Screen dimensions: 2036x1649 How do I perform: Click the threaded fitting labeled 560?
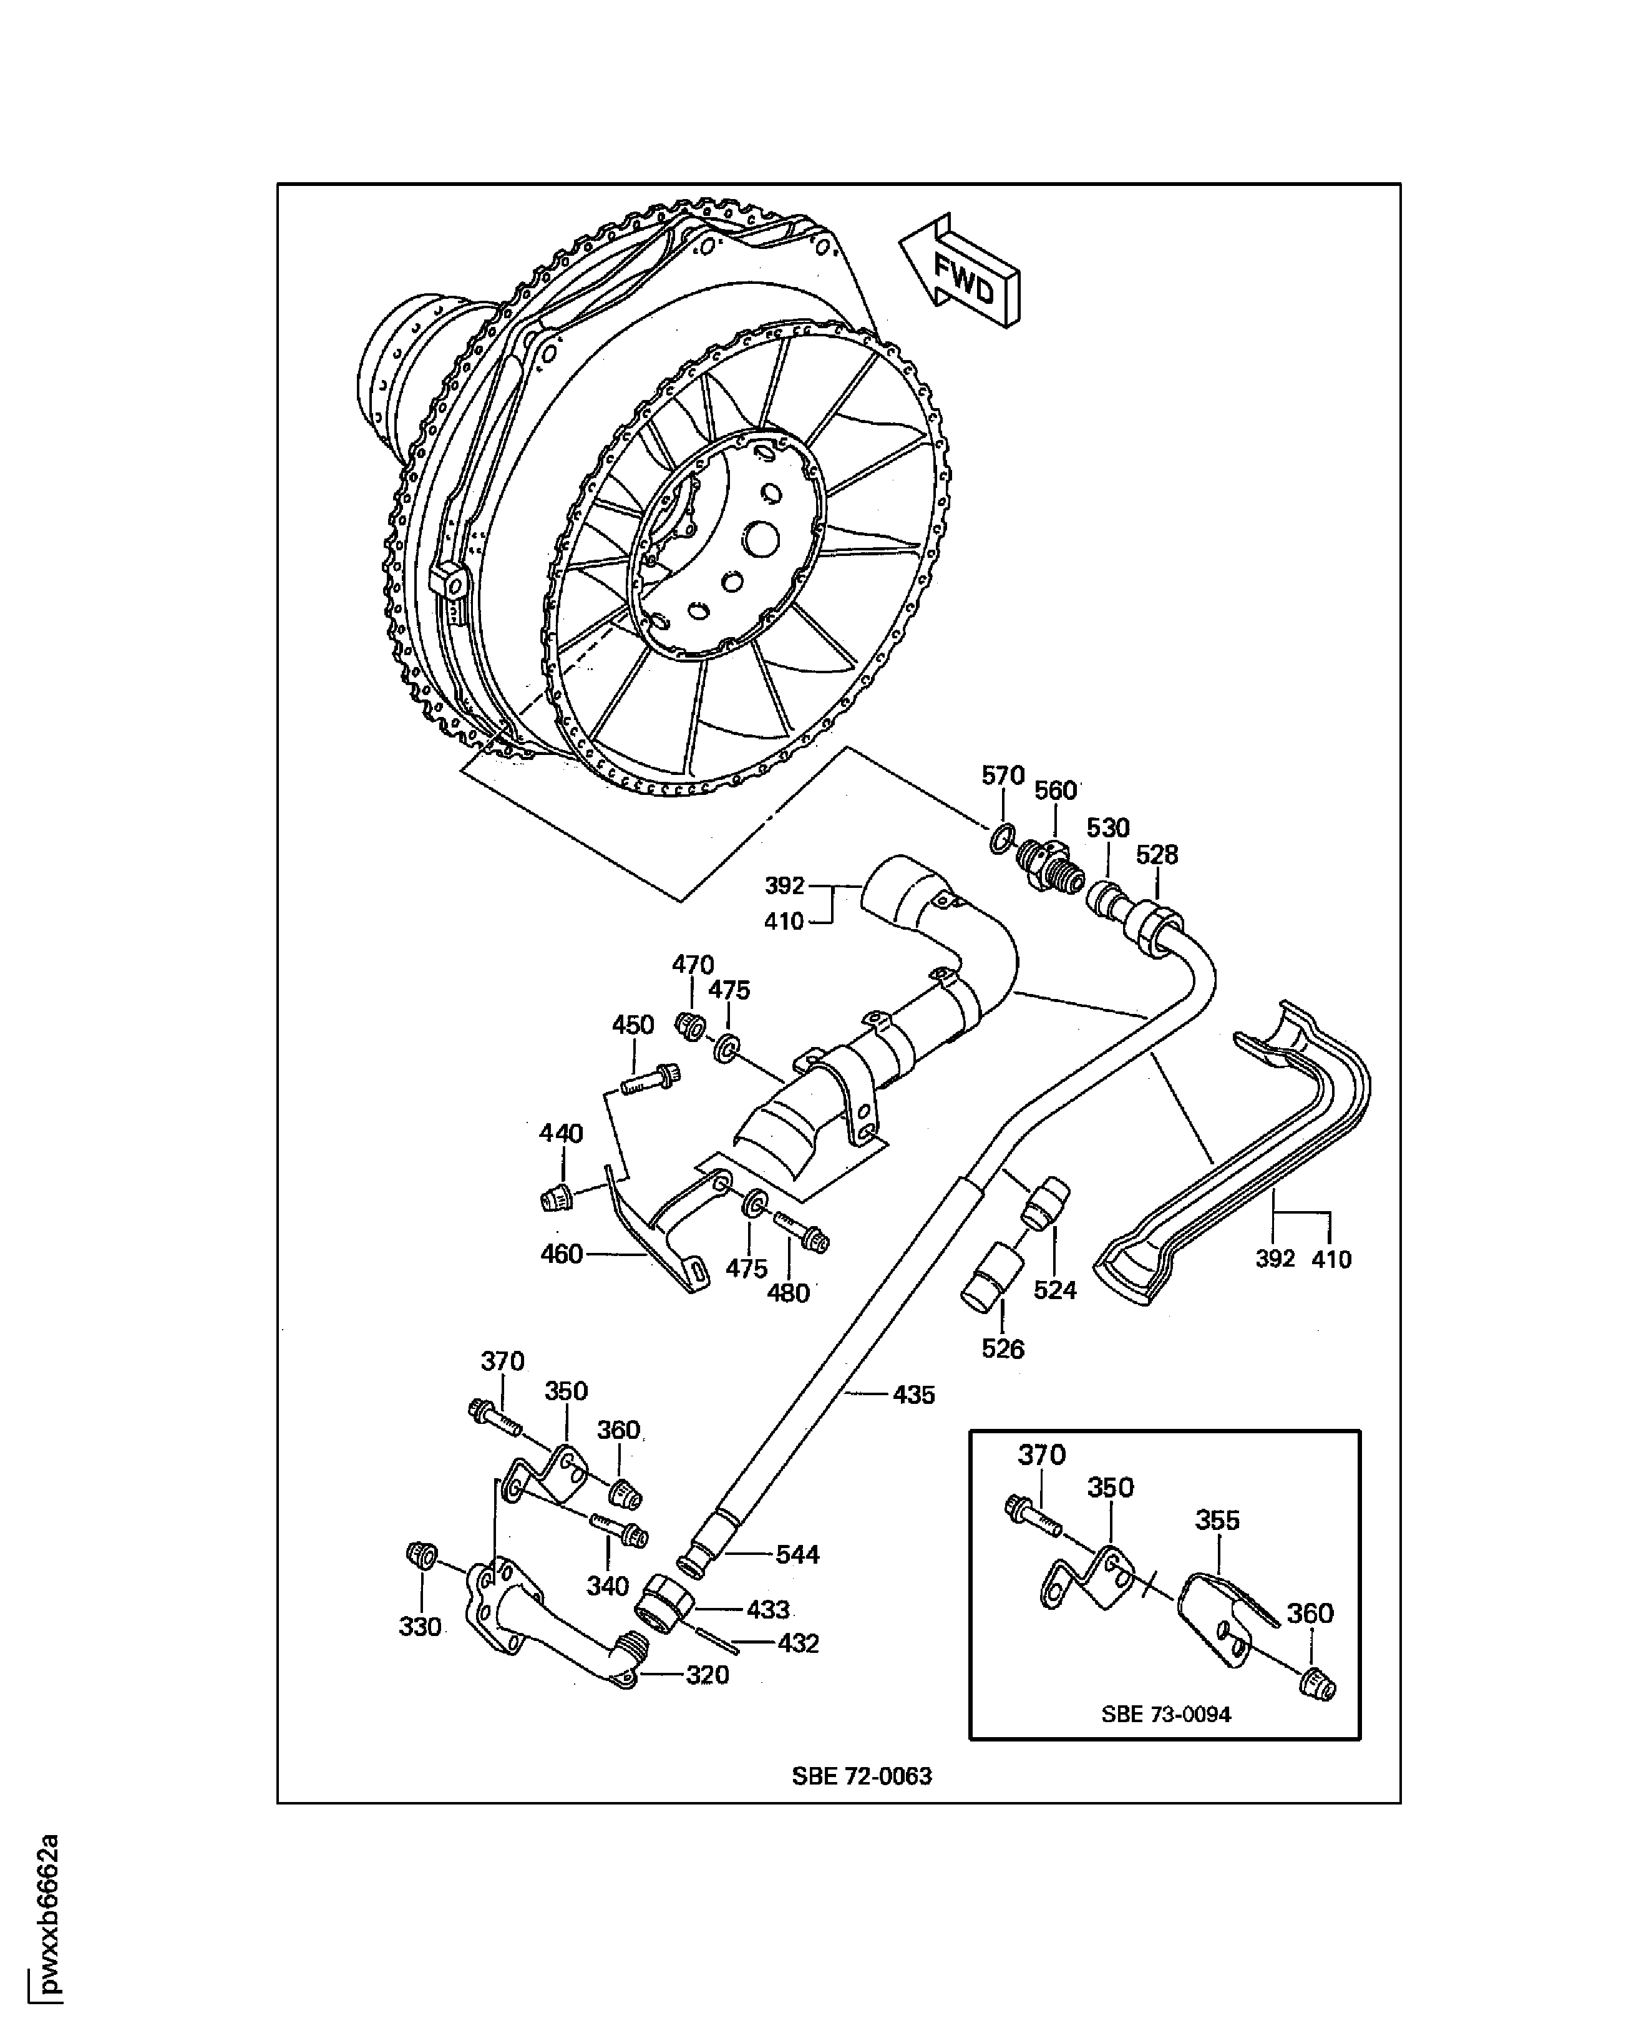1049,864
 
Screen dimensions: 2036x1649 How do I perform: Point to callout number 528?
1156,855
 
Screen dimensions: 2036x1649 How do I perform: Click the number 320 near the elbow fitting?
707,1675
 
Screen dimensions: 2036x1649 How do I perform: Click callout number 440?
560,1133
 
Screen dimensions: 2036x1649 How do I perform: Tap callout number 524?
1054,1290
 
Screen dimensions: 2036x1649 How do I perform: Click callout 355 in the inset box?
1216,1520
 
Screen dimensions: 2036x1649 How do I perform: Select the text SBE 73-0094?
1165,1715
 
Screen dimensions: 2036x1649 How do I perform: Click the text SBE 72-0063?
862,1776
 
